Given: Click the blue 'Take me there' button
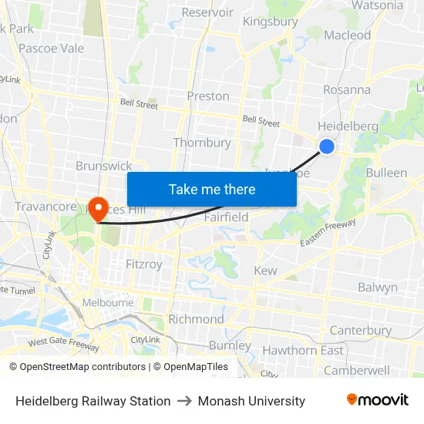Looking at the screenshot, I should (x=212, y=189).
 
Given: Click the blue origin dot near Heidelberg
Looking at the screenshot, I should (x=327, y=146).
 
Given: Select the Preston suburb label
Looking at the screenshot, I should (x=208, y=96).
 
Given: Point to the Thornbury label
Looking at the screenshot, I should (x=202, y=143).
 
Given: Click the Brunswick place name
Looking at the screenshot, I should (x=103, y=166).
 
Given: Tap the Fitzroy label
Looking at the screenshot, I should (x=144, y=264).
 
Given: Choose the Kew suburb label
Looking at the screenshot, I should (x=265, y=271).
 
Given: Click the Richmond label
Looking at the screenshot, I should (x=196, y=319).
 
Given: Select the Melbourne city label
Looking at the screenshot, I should (x=108, y=303).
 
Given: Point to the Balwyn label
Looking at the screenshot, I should (x=378, y=288).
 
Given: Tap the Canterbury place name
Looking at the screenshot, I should (x=361, y=331).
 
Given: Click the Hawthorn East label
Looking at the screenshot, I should (x=303, y=351).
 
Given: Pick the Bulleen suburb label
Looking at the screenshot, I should (x=386, y=173).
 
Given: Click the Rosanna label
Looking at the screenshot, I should (x=347, y=89).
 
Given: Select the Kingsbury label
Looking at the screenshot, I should (x=270, y=22).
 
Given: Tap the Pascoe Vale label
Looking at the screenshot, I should (x=51, y=48).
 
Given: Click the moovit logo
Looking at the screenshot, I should (x=377, y=400).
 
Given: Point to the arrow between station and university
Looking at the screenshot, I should (x=184, y=401).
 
